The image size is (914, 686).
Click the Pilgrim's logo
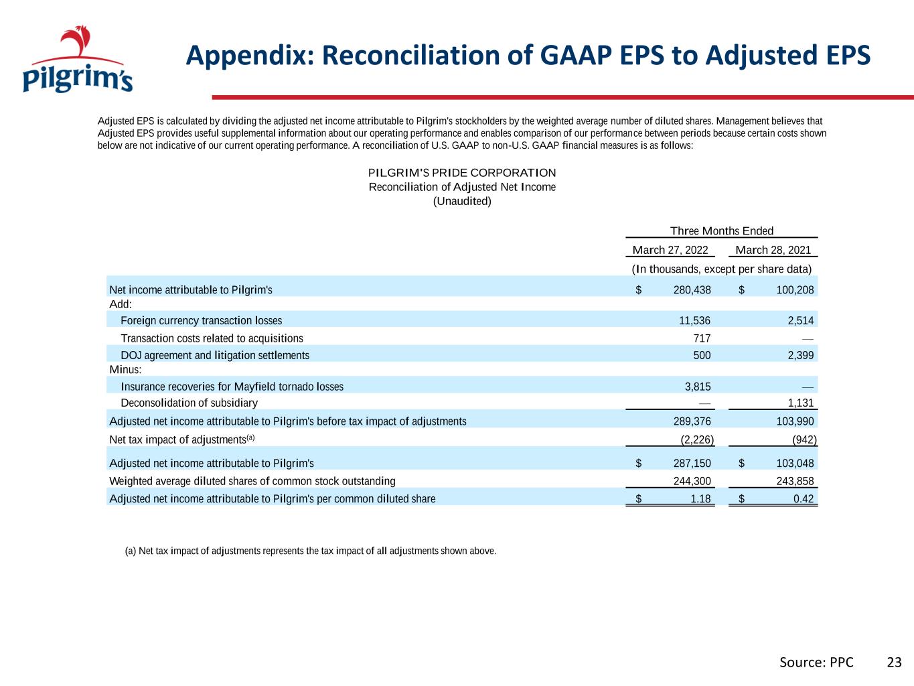click(78, 59)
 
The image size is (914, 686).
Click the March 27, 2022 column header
click(670, 250)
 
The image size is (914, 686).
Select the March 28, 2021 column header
click(773, 250)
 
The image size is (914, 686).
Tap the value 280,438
click(692, 290)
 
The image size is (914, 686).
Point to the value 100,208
click(795, 290)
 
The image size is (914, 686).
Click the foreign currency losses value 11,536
click(694, 321)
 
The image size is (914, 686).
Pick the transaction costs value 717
click(702, 338)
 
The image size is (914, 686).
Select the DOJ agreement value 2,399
click(801, 355)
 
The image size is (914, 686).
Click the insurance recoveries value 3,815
click(698, 387)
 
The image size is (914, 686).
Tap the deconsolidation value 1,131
click(801, 403)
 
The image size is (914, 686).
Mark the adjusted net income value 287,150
click(692, 463)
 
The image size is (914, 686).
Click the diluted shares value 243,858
click(795, 481)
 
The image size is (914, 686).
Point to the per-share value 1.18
click(701, 498)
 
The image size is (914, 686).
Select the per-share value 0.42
click(804, 498)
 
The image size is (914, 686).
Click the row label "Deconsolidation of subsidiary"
click(189, 403)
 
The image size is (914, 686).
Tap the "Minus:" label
click(125, 369)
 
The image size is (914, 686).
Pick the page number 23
click(894, 663)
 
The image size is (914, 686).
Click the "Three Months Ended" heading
click(722, 230)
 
